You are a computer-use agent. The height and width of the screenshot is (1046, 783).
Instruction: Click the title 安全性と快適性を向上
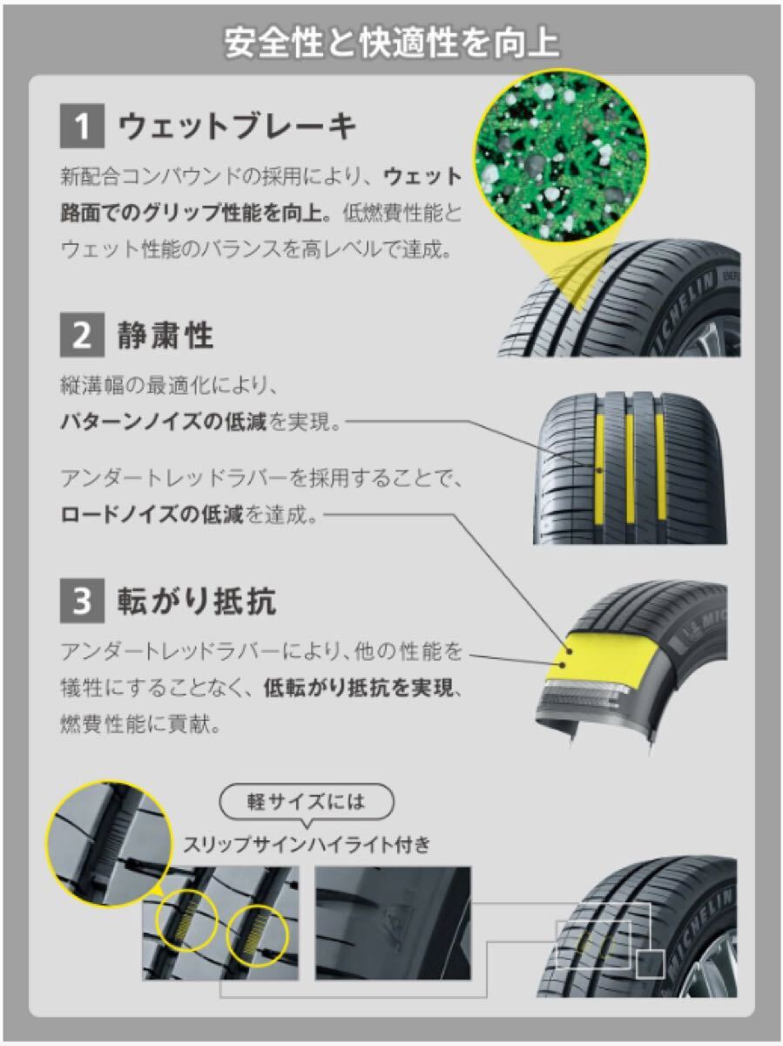[391, 44]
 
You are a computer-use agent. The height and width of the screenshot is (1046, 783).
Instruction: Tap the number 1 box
[82, 126]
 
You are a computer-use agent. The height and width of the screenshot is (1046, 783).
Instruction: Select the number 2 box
[82, 335]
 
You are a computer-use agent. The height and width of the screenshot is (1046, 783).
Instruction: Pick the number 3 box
[82, 601]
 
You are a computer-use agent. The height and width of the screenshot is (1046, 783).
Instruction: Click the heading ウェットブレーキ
[237, 126]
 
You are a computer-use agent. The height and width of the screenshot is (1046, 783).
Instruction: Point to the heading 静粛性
[165, 335]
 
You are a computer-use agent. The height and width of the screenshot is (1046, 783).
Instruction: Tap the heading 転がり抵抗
[197, 601]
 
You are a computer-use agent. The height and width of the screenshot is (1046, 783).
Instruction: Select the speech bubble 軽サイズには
[306, 803]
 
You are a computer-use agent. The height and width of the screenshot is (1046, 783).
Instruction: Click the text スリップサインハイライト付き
[307, 845]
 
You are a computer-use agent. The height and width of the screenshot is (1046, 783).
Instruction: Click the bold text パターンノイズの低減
[164, 422]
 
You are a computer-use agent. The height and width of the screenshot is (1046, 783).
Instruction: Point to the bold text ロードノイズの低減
[152, 514]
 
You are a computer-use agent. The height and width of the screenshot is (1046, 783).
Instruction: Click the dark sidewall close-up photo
[393, 923]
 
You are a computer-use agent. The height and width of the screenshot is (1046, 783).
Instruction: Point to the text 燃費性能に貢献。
[141, 725]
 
